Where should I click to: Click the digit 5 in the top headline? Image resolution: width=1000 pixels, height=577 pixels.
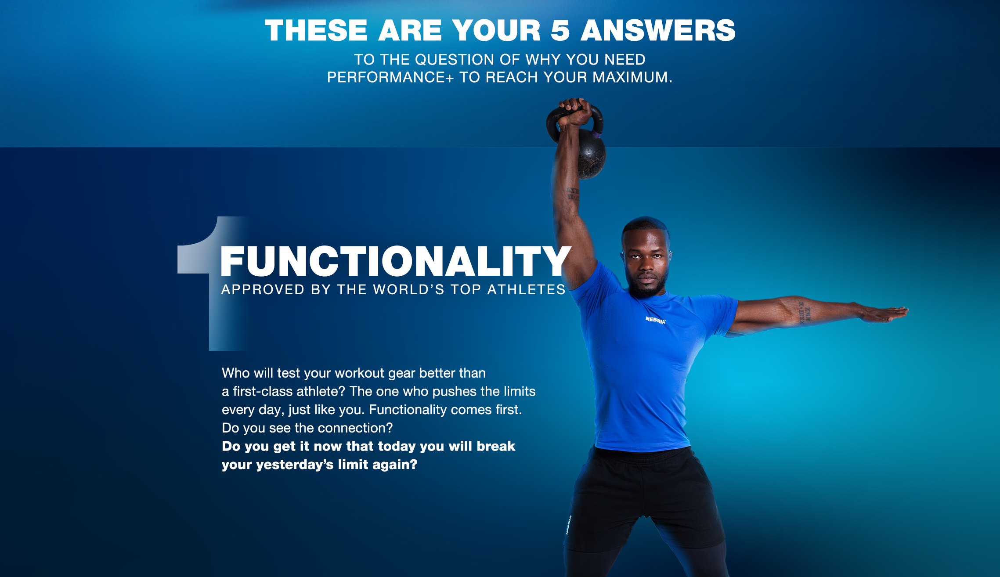pos(560,30)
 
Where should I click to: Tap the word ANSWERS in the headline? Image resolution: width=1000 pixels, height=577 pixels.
pos(658,30)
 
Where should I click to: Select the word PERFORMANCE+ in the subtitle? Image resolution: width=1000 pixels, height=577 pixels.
pos(390,77)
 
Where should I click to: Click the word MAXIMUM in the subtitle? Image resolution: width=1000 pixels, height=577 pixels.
pos(630,77)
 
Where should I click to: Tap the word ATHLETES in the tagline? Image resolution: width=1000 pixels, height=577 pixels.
pos(526,289)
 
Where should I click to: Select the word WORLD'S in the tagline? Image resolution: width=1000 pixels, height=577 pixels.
pos(408,289)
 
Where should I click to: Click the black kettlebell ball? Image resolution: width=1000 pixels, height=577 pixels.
pos(591,154)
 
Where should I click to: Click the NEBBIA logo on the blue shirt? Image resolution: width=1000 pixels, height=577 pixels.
pos(655,320)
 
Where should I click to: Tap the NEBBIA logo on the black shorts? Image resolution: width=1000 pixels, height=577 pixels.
pos(568,525)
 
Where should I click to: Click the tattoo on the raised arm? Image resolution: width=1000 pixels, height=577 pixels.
pos(573,194)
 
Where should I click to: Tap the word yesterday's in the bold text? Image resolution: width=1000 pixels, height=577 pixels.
pos(295,465)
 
